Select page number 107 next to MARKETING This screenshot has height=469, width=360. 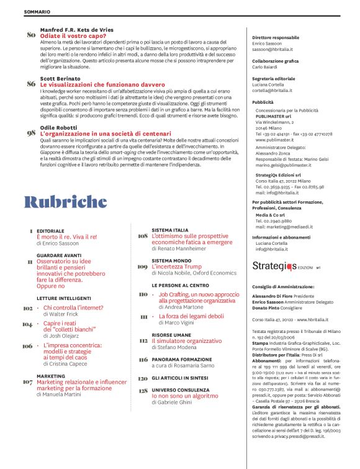[27, 382]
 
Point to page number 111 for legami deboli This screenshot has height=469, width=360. [143, 317]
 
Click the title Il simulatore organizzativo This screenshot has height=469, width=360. [189, 341]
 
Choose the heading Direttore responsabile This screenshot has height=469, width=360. [280, 37]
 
